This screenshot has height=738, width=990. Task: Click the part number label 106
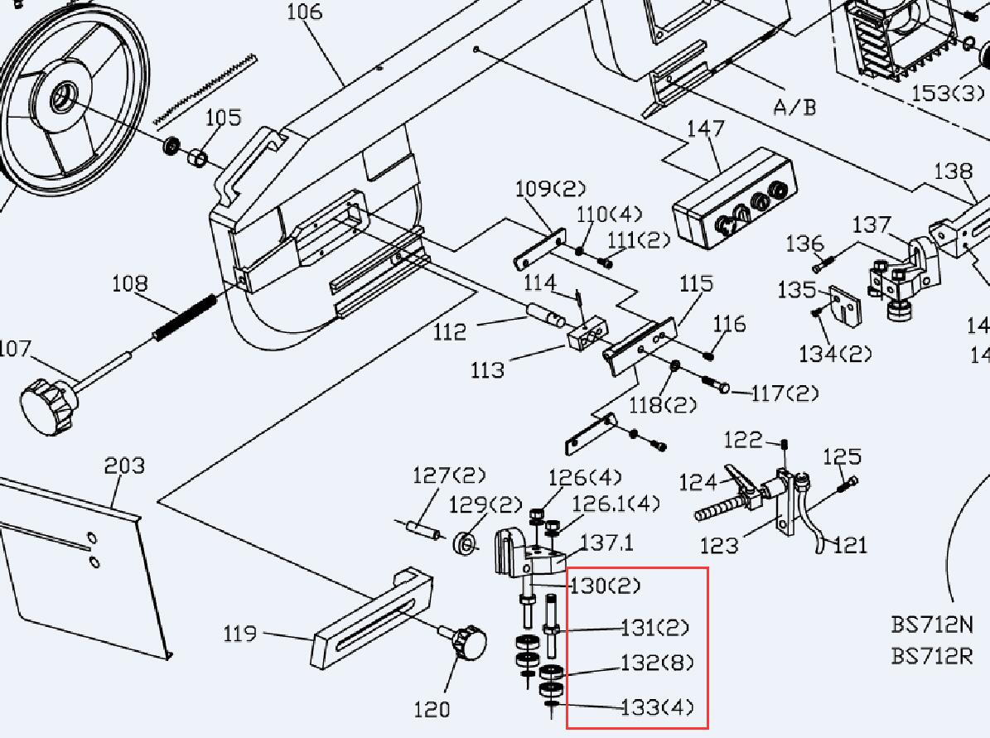point(304,12)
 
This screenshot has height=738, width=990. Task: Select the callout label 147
point(705,129)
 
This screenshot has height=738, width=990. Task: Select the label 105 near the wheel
point(223,118)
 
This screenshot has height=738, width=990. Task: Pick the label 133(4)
point(658,707)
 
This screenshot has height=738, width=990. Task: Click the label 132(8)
point(658,663)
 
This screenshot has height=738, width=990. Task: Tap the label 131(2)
point(655,628)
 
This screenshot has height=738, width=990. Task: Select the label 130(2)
point(605,586)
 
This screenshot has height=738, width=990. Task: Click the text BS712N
point(932,624)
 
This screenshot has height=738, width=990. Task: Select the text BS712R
point(932,656)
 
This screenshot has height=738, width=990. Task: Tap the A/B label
point(794,107)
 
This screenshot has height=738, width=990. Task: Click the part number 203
point(124,466)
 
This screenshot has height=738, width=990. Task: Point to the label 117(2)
point(785,393)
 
